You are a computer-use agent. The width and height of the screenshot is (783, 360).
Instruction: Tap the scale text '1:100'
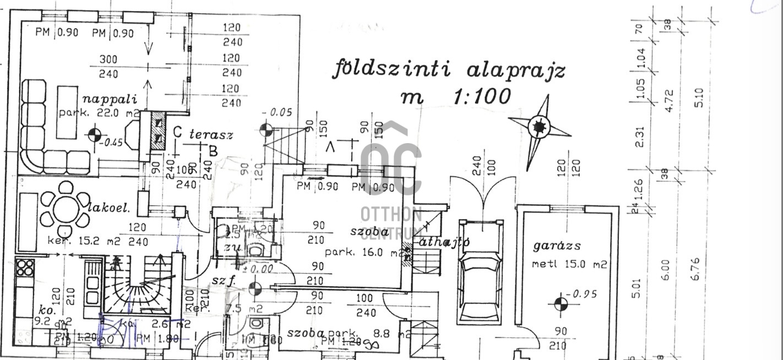pos(481,97)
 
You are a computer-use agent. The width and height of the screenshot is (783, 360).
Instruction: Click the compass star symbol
pos(539,128)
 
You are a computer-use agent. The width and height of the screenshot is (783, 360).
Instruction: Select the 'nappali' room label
pos(109,100)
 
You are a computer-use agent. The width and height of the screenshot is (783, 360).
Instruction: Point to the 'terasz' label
pos(211,134)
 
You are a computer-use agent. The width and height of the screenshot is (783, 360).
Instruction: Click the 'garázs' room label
pos(557,246)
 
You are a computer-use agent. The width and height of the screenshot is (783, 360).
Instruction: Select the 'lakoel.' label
pos(109,208)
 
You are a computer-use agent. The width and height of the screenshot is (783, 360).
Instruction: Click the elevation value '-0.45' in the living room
pos(113,142)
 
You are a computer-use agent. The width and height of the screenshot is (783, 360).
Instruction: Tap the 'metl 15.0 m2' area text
pos(569,264)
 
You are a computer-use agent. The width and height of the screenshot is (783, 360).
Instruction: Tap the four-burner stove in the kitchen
pos(25,268)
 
